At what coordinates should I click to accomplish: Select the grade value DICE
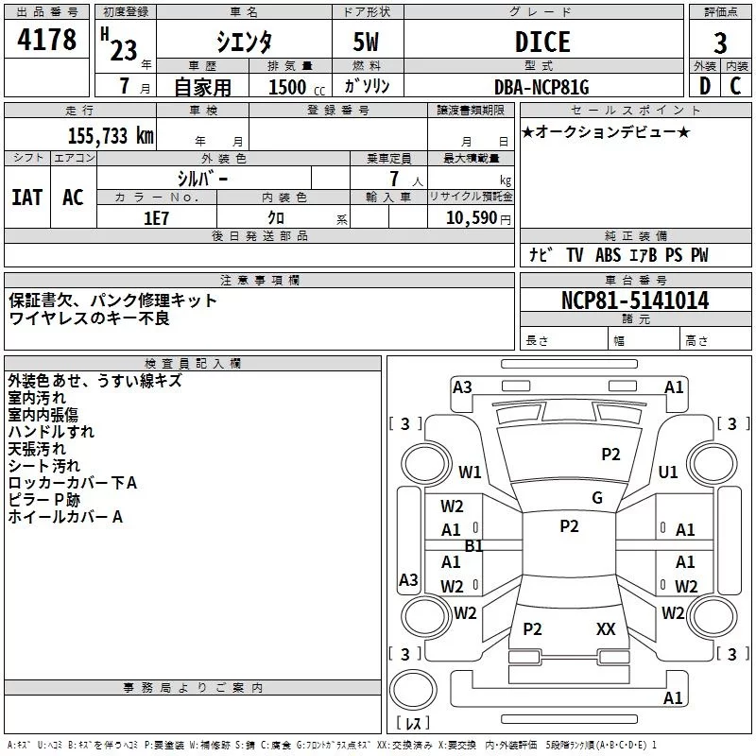pos(541,42)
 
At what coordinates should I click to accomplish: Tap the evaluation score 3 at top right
pos(720,43)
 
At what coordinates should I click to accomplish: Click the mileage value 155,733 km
pos(111,136)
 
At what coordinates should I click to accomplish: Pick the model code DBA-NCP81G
pos(541,88)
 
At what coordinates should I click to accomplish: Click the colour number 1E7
pos(155,217)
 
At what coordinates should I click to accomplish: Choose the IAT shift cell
pos(27,197)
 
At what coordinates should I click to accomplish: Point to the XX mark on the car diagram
pos(606,628)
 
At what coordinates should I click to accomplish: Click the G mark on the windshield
pos(597,498)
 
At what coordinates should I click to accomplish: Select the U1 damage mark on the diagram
pos(668,472)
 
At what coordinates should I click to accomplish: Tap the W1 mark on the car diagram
pos(470,472)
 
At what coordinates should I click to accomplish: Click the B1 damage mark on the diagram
pos(474,546)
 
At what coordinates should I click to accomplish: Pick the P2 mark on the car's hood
pos(610,455)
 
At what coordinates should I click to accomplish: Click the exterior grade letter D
pos(703,87)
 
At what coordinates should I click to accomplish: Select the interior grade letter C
pos(735,87)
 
